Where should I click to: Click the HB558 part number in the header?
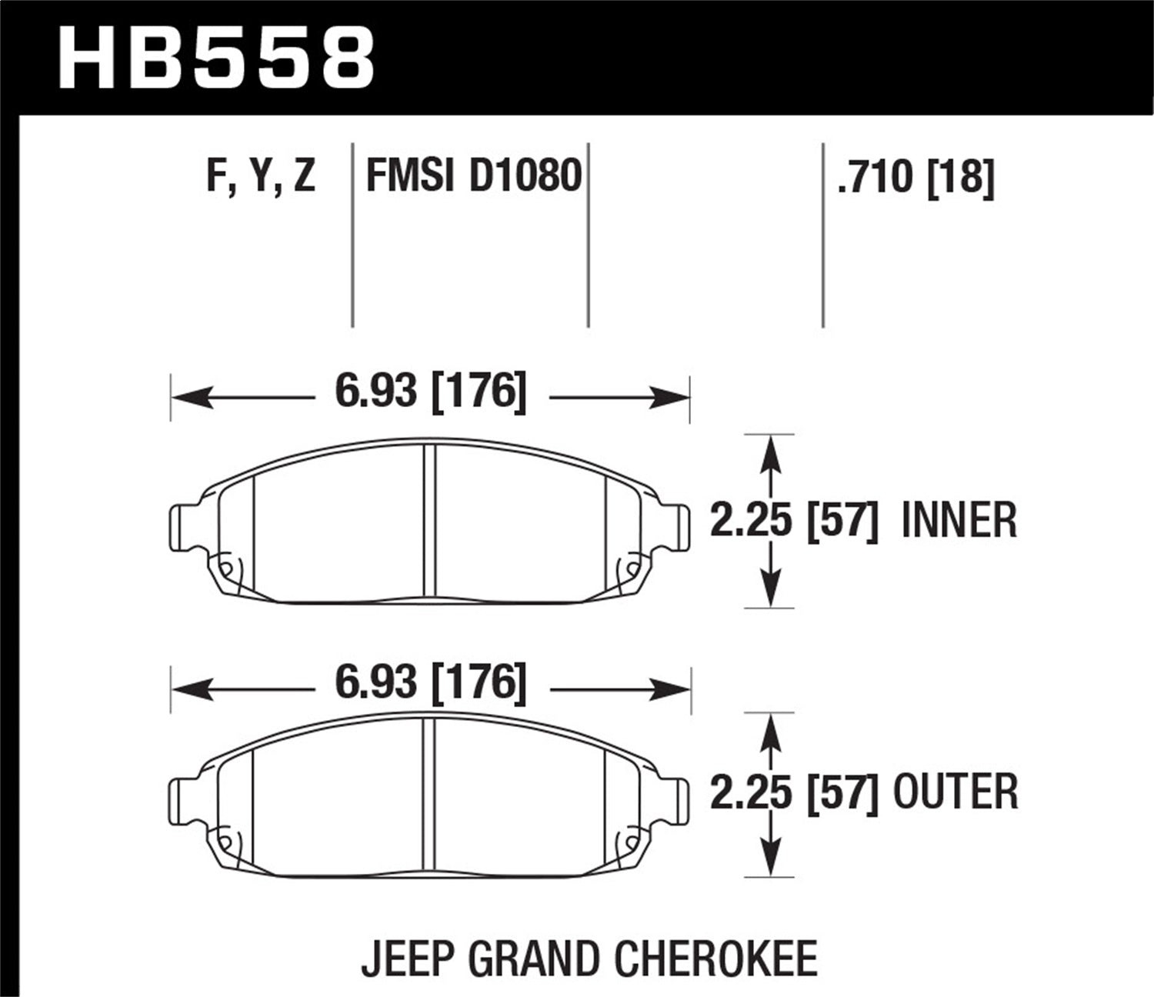point(215,58)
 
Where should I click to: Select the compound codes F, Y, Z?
point(261,176)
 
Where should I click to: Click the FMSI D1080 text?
point(474,176)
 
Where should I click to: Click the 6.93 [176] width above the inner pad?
point(431,392)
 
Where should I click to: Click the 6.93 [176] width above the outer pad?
point(431,682)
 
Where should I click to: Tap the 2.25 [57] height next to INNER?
point(793,521)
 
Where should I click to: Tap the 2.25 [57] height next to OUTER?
point(793,792)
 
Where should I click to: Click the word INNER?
point(959,521)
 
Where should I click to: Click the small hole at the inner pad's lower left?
point(226,569)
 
